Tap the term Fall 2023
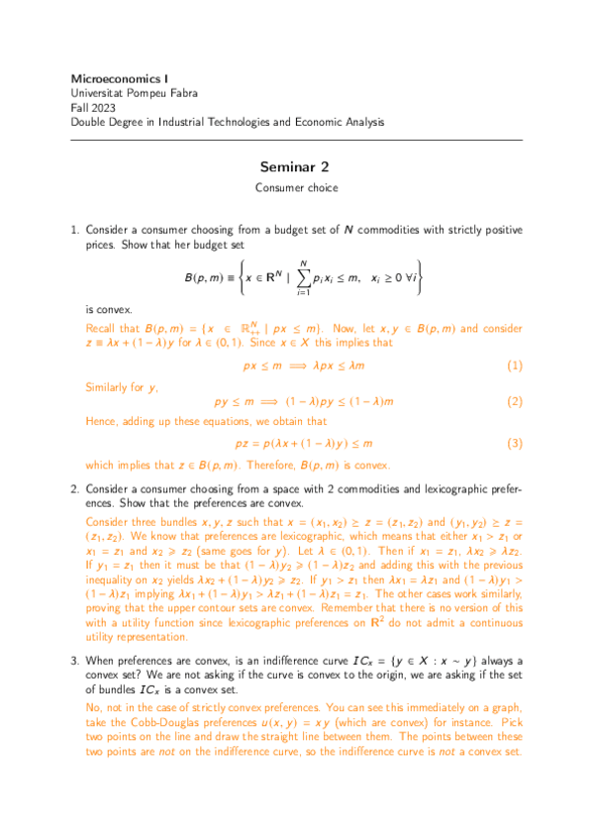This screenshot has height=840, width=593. click(95, 107)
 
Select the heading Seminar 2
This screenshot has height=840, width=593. click(296, 166)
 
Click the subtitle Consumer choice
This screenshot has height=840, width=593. click(296, 186)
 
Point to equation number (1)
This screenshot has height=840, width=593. click(514, 367)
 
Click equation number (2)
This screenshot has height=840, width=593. click(514, 402)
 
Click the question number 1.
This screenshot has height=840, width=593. click(73, 230)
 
